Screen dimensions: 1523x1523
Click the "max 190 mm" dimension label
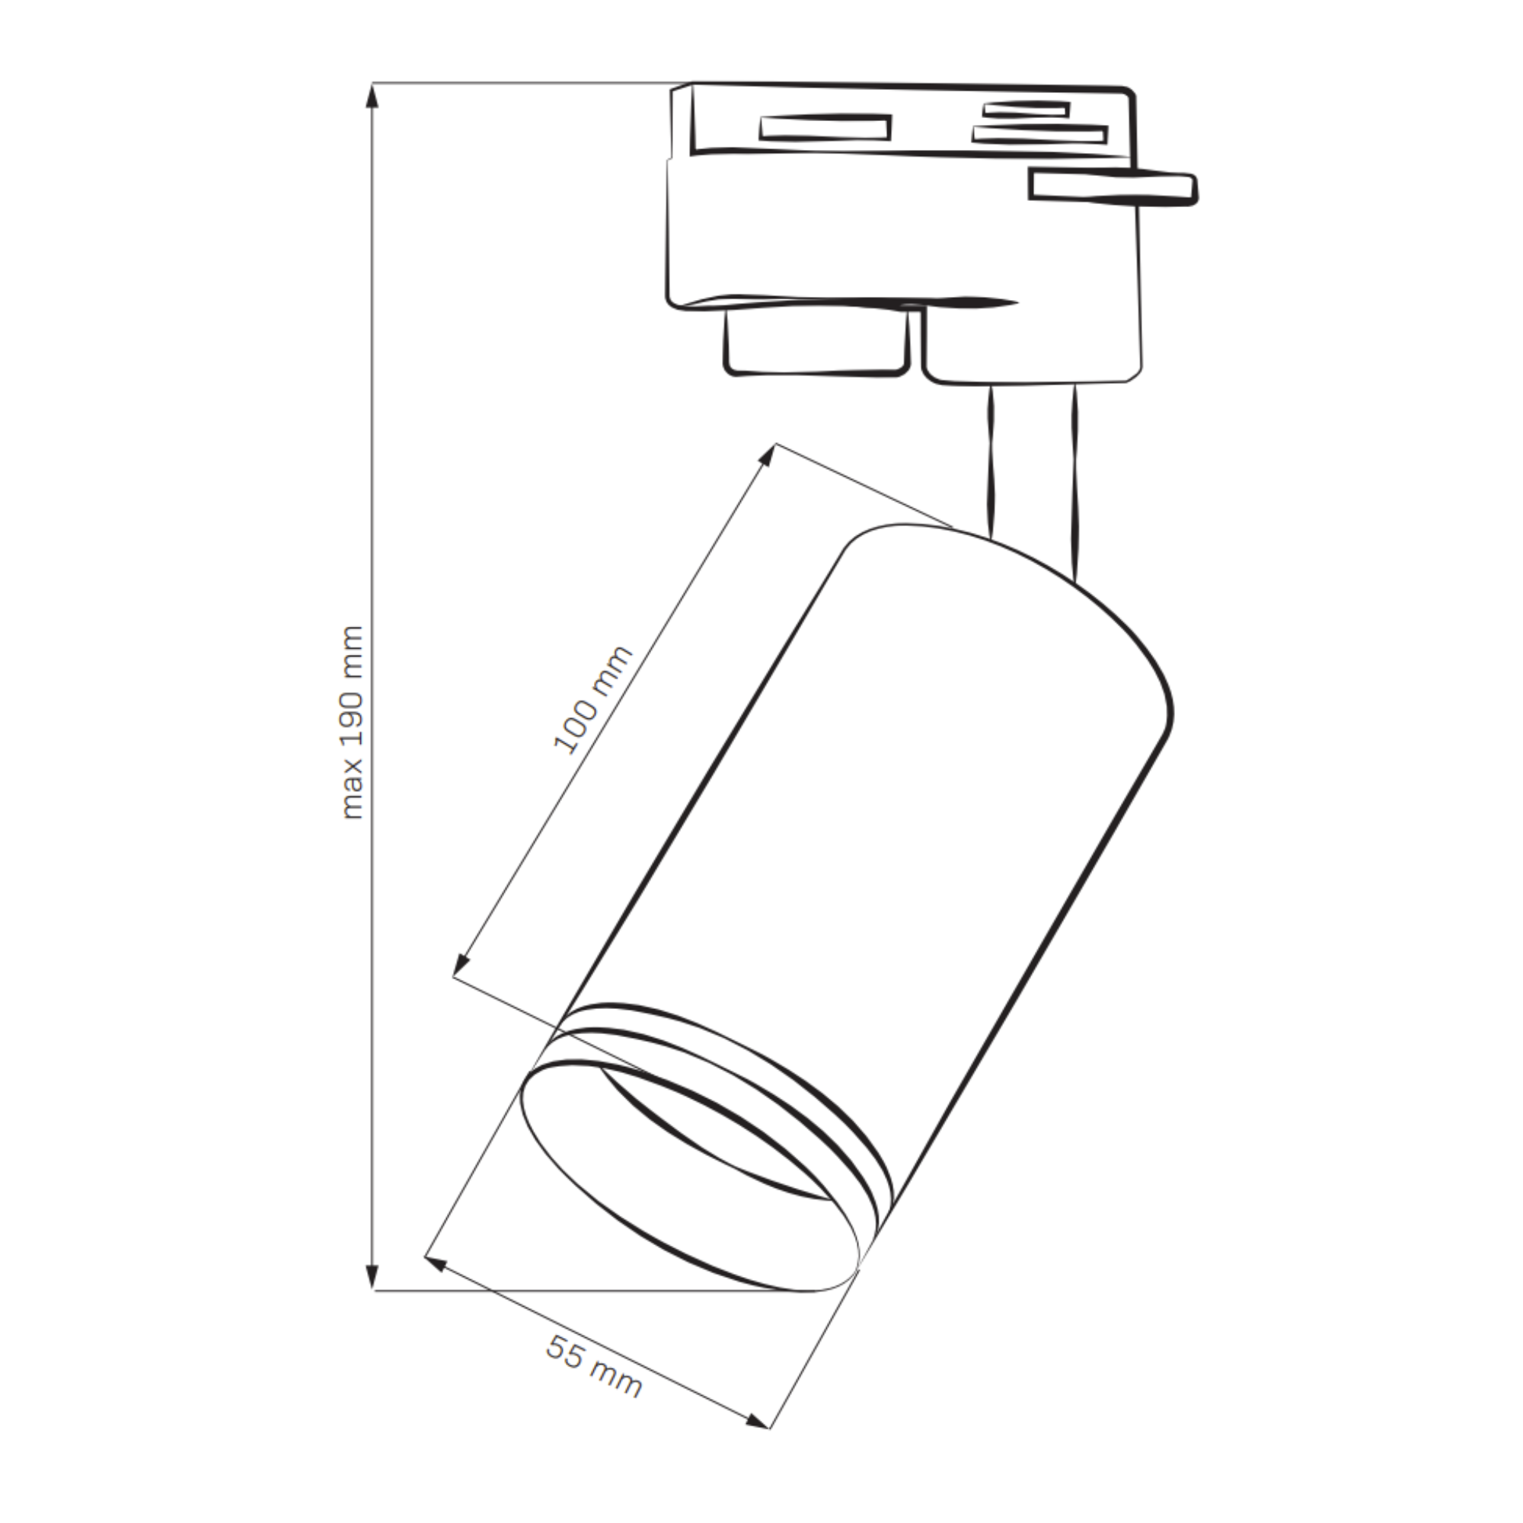pos(353,723)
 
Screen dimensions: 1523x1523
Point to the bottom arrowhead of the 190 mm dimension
pos(373,1298)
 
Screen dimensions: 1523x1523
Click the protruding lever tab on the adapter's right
pos(1114,187)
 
